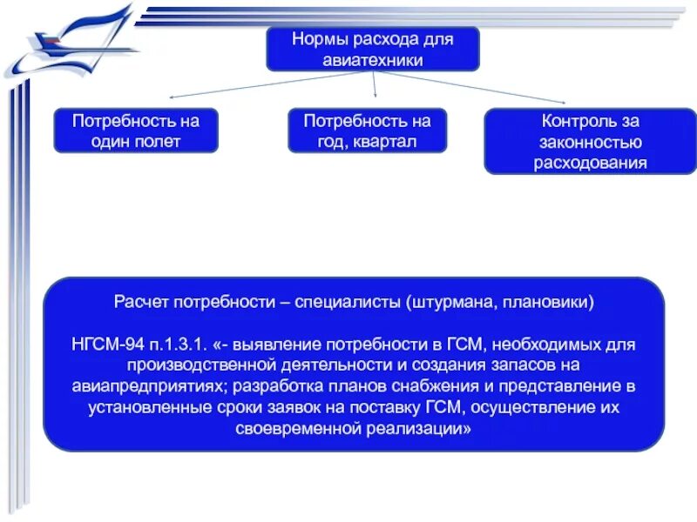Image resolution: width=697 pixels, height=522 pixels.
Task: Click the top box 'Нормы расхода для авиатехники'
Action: tap(372, 48)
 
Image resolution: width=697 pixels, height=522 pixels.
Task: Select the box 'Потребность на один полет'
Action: tap(135, 130)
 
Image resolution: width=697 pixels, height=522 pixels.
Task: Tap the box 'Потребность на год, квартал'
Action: tap(367, 130)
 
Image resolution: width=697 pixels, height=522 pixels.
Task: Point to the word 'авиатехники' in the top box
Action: tap(372, 60)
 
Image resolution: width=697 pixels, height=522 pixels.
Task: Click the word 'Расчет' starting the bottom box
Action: tap(141, 303)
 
